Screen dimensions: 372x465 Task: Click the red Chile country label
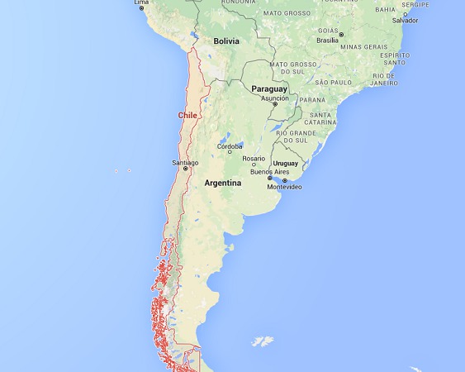pyautogui.click(x=187, y=116)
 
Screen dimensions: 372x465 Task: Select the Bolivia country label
pyautogui.click(x=225, y=41)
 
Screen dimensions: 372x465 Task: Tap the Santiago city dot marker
pyautogui.click(x=185, y=169)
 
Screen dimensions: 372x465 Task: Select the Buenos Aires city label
pyautogui.click(x=268, y=172)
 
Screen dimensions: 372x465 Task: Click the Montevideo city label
pyautogui.click(x=285, y=187)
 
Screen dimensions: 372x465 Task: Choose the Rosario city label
pyautogui.click(x=254, y=158)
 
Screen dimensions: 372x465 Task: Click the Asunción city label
pyautogui.click(x=275, y=98)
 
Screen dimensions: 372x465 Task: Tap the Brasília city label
pyautogui.click(x=329, y=40)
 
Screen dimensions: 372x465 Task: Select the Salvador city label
pyautogui.click(x=405, y=20)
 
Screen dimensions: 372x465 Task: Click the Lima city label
pyautogui.click(x=142, y=2)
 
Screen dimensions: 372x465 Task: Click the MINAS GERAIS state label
pyautogui.click(x=365, y=46)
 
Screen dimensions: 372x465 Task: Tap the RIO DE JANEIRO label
pyautogui.click(x=383, y=79)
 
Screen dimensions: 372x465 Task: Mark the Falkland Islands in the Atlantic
pyautogui.click(x=263, y=341)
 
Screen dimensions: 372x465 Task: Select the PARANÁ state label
pyautogui.click(x=312, y=100)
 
